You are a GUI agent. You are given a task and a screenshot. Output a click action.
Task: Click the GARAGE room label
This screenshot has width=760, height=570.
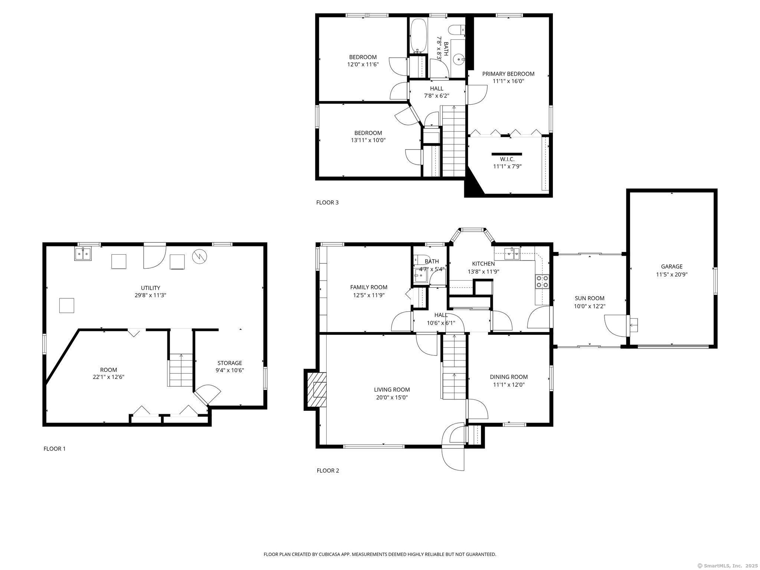tap(672, 266)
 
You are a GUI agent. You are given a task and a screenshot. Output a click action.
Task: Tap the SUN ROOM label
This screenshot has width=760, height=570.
tap(590, 298)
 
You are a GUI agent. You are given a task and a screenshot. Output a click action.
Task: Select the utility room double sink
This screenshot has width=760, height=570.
tap(83, 254)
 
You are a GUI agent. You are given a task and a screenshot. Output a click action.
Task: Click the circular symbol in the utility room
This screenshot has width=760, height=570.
tap(200, 256)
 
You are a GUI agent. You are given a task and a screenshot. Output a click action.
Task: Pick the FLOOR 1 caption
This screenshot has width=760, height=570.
tap(55, 449)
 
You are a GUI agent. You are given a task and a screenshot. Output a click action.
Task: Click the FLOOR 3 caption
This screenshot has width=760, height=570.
tap(327, 203)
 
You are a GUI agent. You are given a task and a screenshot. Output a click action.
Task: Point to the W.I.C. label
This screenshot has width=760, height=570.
tap(507, 159)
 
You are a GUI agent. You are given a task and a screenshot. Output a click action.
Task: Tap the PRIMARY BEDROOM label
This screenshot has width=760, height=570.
tap(508, 74)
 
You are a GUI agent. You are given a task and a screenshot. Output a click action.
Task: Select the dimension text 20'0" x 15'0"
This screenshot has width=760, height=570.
tap(392, 397)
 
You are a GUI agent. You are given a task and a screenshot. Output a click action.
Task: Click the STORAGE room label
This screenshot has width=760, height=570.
tap(230, 363)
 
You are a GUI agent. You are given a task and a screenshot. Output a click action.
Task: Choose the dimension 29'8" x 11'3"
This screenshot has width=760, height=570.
tap(151, 295)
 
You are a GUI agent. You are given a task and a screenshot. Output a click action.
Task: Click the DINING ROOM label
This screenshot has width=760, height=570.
tap(509, 377)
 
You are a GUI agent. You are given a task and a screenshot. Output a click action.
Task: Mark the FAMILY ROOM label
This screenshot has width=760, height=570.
tap(369, 287)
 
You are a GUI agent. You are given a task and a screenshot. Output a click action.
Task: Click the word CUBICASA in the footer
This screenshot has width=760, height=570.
tap(330, 554)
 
